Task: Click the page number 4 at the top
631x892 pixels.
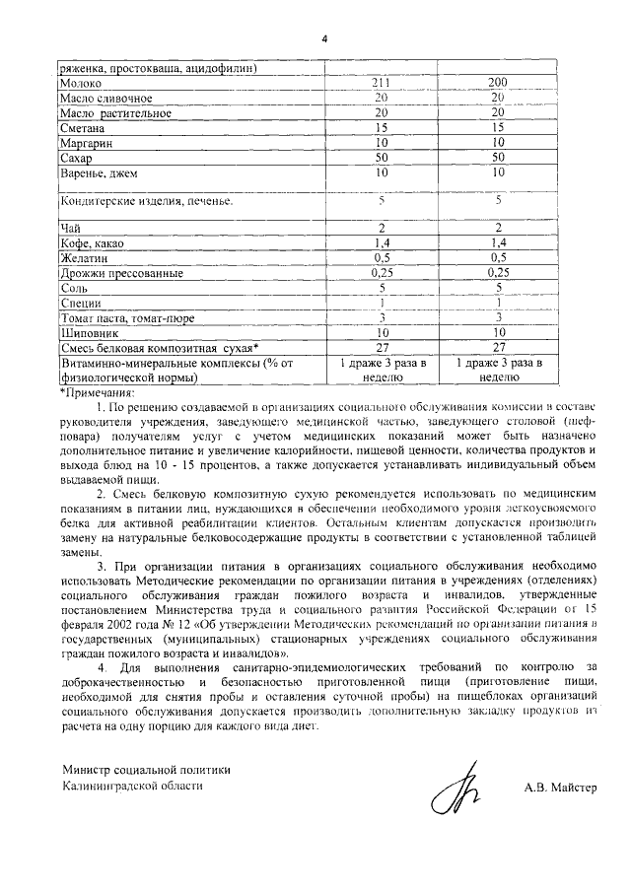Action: pos(323,39)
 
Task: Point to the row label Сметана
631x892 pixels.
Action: pos(85,128)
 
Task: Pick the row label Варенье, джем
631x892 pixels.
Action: pos(100,173)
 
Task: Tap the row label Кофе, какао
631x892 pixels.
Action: pos(97,243)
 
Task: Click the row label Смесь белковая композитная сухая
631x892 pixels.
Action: pos(159,348)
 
